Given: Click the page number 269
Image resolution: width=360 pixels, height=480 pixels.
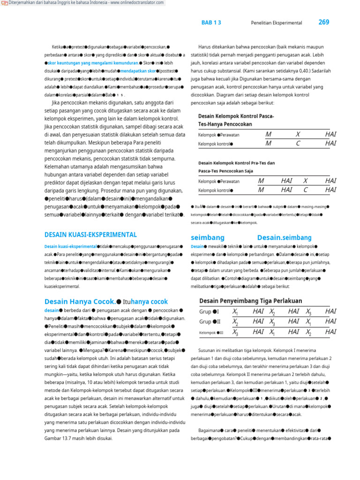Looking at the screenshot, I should pos(324,22).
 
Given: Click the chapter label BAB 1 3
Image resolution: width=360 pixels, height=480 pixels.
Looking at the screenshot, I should pos(211,22).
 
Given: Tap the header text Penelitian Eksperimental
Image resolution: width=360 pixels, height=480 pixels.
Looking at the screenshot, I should pos(277,22).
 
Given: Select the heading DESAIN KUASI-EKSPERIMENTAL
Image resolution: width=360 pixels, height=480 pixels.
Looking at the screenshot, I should pos(90,235).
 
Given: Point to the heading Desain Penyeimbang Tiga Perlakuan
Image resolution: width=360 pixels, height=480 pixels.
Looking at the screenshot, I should pos(250,301).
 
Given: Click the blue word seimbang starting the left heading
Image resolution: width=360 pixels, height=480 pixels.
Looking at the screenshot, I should pos(208,238).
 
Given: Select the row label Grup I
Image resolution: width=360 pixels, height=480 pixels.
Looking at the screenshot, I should pos(209,312).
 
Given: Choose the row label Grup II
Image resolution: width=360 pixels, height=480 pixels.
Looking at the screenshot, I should pos(210,322).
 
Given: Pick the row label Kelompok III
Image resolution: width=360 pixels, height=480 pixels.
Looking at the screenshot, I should pos(211,332).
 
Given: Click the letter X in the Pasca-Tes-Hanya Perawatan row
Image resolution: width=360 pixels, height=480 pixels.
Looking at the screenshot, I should pos(298,134).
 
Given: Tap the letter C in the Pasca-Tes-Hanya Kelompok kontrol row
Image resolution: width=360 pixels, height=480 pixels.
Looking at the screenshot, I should pos(298,143).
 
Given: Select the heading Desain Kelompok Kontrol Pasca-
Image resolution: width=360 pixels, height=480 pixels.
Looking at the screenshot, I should pos(236,116).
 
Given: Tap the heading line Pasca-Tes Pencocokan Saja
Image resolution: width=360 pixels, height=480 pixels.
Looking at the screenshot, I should pos(225,171).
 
